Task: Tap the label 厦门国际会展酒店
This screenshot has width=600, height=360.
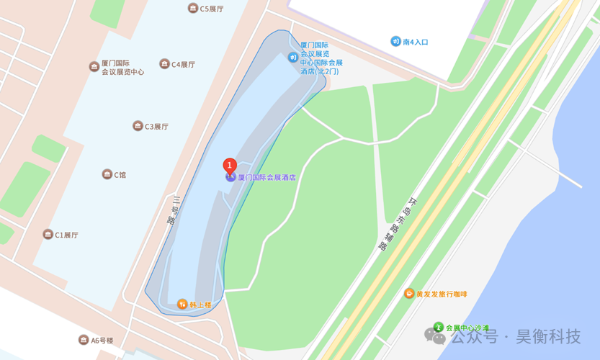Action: click(267, 177)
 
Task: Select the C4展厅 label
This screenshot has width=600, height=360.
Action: click(183, 64)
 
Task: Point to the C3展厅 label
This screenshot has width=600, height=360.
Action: click(156, 126)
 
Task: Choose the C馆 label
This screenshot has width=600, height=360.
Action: click(120, 174)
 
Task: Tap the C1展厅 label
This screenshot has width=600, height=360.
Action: click(66, 235)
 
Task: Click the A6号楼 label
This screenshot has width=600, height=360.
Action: click(102, 340)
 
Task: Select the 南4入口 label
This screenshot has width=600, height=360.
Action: click(416, 42)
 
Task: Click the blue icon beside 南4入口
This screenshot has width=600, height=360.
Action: click(395, 41)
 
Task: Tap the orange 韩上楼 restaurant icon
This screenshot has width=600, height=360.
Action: click(182, 305)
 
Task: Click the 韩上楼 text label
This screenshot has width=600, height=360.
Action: click(201, 305)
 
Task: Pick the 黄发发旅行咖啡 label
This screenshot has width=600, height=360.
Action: click(442, 294)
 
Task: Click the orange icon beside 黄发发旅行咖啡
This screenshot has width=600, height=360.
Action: click(409, 294)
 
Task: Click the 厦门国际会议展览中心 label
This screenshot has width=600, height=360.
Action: click(122, 68)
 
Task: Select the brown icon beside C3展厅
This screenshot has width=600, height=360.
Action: click(138, 126)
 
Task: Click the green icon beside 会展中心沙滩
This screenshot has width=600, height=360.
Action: click(438, 328)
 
